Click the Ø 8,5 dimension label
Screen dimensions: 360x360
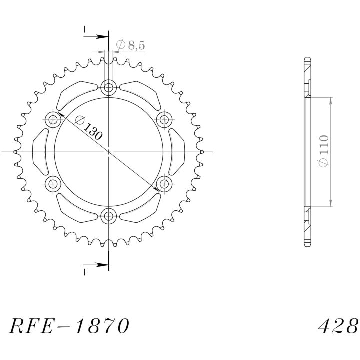(x=130, y=45)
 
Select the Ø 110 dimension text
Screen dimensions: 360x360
(x=323, y=151)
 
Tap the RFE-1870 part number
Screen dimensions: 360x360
(x=69, y=326)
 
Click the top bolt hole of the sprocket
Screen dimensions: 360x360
(x=109, y=87)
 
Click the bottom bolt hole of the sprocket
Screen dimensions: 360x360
(x=109, y=216)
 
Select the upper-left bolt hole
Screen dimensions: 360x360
(x=53, y=120)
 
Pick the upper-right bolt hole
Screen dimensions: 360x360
(x=164, y=120)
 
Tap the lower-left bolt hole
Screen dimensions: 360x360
(x=53, y=184)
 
